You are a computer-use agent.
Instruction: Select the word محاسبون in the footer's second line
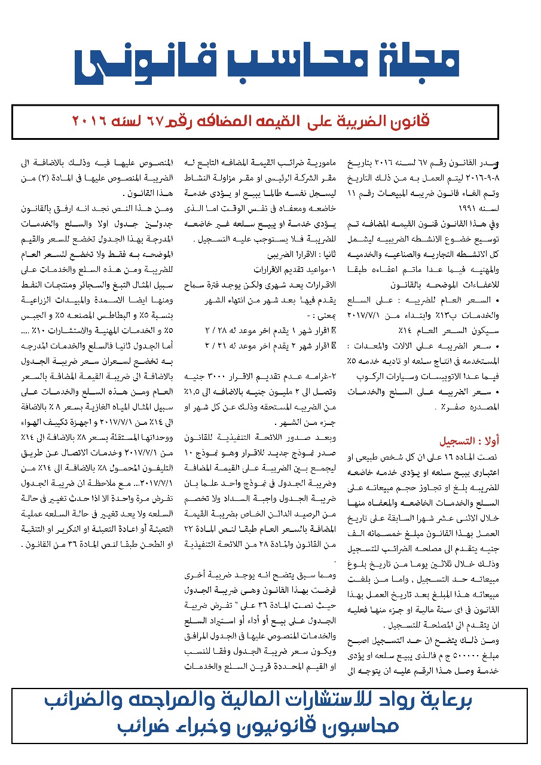(362, 727)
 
